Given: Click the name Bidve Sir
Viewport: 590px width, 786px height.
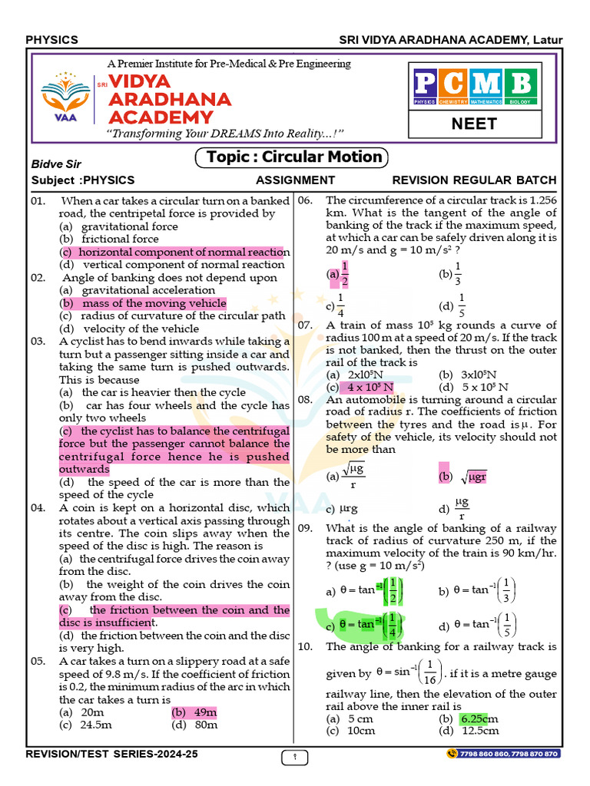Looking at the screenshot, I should tap(56, 164).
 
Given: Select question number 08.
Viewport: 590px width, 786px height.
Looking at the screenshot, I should tap(305, 400).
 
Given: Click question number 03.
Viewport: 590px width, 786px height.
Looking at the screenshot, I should tap(39, 342).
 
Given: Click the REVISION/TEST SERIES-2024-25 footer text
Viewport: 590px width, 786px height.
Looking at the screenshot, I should tap(112, 755).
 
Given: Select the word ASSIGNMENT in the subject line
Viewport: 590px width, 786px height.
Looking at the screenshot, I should tap(295, 180).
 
